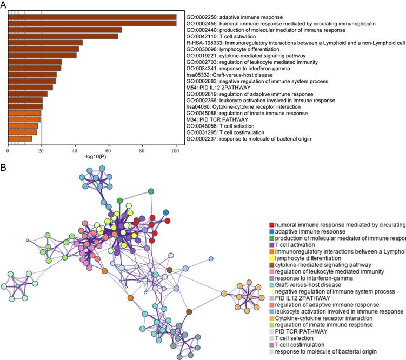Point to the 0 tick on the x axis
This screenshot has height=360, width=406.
pyautogui.click(x=8, y=149)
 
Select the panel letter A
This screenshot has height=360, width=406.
pyautogui.click(x=4, y=4)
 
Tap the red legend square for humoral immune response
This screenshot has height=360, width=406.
pyautogui.click(x=271, y=225)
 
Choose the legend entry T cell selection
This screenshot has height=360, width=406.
pyautogui.click(x=297, y=337)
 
